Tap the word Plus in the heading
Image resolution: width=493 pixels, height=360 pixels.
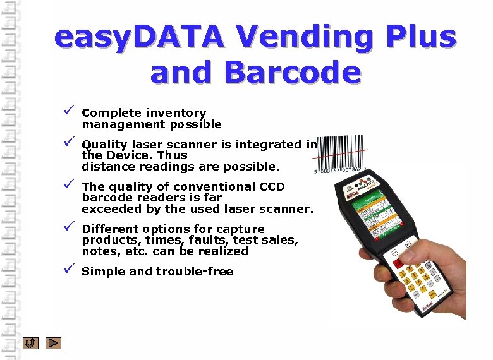pyautogui.click(x=420, y=37)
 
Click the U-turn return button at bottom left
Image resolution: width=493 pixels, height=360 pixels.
pyautogui.click(x=30, y=343)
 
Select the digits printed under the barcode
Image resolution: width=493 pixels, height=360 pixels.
pyautogui.click(x=339, y=170)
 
